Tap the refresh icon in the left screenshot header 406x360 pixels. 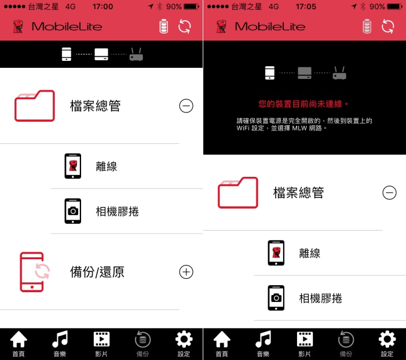(185, 27)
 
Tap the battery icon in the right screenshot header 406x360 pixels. (367, 27)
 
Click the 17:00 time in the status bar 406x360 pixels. (103, 6)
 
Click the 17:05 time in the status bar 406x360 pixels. (306, 6)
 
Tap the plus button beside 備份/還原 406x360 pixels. (186, 272)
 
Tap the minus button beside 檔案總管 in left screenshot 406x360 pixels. (186, 106)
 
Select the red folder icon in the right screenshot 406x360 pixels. (238, 192)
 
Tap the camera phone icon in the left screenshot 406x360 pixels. (73, 211)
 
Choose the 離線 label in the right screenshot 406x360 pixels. (310, 253)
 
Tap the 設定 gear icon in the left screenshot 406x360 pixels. (184, 339)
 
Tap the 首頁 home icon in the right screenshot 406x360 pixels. (222, 339)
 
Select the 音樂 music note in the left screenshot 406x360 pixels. (60, 339)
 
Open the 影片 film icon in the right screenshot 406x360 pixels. (305, 339)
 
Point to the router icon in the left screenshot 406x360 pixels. (136, 54)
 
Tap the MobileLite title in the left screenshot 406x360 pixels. (67, 27)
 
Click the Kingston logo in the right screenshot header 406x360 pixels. (221, 27)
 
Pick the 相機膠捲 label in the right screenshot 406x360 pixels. (320, 299)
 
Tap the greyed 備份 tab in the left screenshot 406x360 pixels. (142, 343)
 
